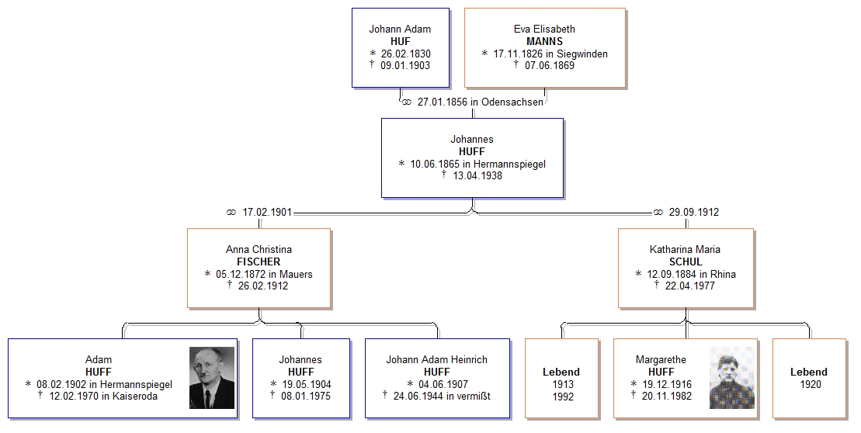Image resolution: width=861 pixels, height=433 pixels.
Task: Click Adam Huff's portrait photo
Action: (x=212, y=378)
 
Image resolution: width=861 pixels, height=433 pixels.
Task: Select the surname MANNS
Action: (x=545, y=41)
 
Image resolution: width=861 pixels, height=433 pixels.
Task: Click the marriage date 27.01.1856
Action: (x=443, y=102)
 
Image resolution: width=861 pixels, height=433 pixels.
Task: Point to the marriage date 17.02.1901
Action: (x=267, y=213)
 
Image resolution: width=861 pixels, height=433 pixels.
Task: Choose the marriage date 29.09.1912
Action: (x=694, y=213)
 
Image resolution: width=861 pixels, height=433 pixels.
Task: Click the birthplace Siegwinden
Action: (x=582, y=54)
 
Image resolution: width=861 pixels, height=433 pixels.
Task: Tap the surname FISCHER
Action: (x=259, y=262)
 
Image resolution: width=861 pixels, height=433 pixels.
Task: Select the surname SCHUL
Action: (x=686, y=262)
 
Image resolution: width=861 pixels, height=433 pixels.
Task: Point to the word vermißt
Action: (x=470, y=397)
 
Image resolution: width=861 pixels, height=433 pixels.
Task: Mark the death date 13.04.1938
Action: (x=477, y=176)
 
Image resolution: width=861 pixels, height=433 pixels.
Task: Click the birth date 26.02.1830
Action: (x=406, y=54)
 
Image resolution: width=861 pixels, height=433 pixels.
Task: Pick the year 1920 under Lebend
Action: (x=811, y=384)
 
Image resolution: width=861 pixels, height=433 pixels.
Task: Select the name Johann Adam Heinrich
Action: (x=436, y=360)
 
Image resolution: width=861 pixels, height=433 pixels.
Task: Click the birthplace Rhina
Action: (x=723, y=275)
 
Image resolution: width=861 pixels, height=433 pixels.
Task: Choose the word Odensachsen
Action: (x=512, y=102)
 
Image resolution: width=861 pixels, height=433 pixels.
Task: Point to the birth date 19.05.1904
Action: (x=307, y=385)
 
